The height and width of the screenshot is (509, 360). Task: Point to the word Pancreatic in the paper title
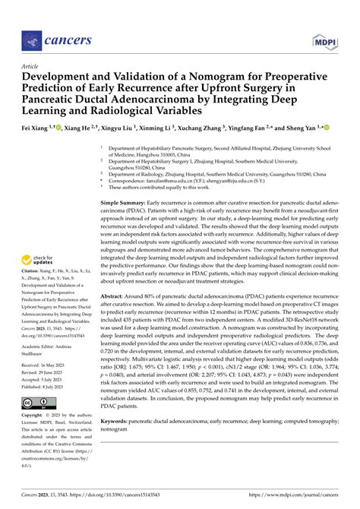click(x=55, y=100)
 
